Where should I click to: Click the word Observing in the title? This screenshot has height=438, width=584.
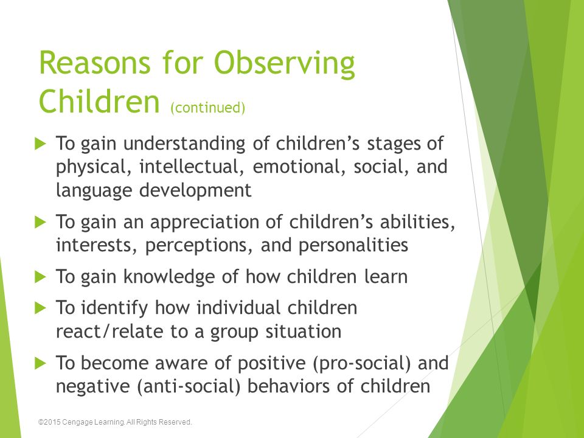point(285,64)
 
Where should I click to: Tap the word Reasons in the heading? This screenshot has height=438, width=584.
point(95,63)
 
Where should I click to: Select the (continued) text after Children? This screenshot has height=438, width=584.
point(208,108)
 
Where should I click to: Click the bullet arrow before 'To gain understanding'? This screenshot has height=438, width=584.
point(40,144)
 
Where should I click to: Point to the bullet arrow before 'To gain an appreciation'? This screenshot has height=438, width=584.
point(40,223)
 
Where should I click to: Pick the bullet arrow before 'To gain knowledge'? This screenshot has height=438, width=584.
point(40,277)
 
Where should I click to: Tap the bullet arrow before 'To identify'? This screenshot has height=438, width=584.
point(40,308)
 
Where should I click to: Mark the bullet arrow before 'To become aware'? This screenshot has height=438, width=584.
point(40,363)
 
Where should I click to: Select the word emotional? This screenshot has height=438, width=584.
point(299,167)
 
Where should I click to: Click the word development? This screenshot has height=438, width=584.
point(195,190)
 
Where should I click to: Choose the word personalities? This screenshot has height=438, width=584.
point(353,246)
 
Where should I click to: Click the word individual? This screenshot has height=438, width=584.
point(238,308)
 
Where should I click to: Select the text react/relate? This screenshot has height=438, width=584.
point(110,332)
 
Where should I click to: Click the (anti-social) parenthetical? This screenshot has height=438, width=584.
point(189,387)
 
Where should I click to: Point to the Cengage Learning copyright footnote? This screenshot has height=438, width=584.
point(115,422)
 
